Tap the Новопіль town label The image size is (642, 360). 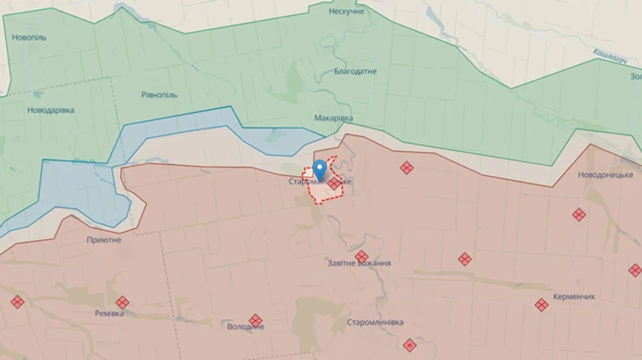[x=29, y=37]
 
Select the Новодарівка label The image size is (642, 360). [x=50, y=110]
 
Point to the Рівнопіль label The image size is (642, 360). [x=158, y=95]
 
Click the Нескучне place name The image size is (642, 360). [x=346, y=12]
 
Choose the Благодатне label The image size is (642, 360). [x=355, y=71]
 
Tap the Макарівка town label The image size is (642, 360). [x=334, y=118]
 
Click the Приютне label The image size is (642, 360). [x=103, y=240]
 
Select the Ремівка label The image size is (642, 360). [x=109, y=313]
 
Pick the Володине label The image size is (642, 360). [x=246, y=327]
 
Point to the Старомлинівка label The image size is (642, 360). [x=375, y=322]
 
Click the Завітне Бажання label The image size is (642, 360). [x=359, y=263]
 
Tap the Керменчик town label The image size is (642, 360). [x=572, y=296]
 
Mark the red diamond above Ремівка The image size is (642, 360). [x=123, y=302]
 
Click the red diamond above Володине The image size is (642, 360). [x=255, y=320]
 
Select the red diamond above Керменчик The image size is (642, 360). [x=541, y=305]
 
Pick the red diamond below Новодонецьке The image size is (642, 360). [x=579, y=214]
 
